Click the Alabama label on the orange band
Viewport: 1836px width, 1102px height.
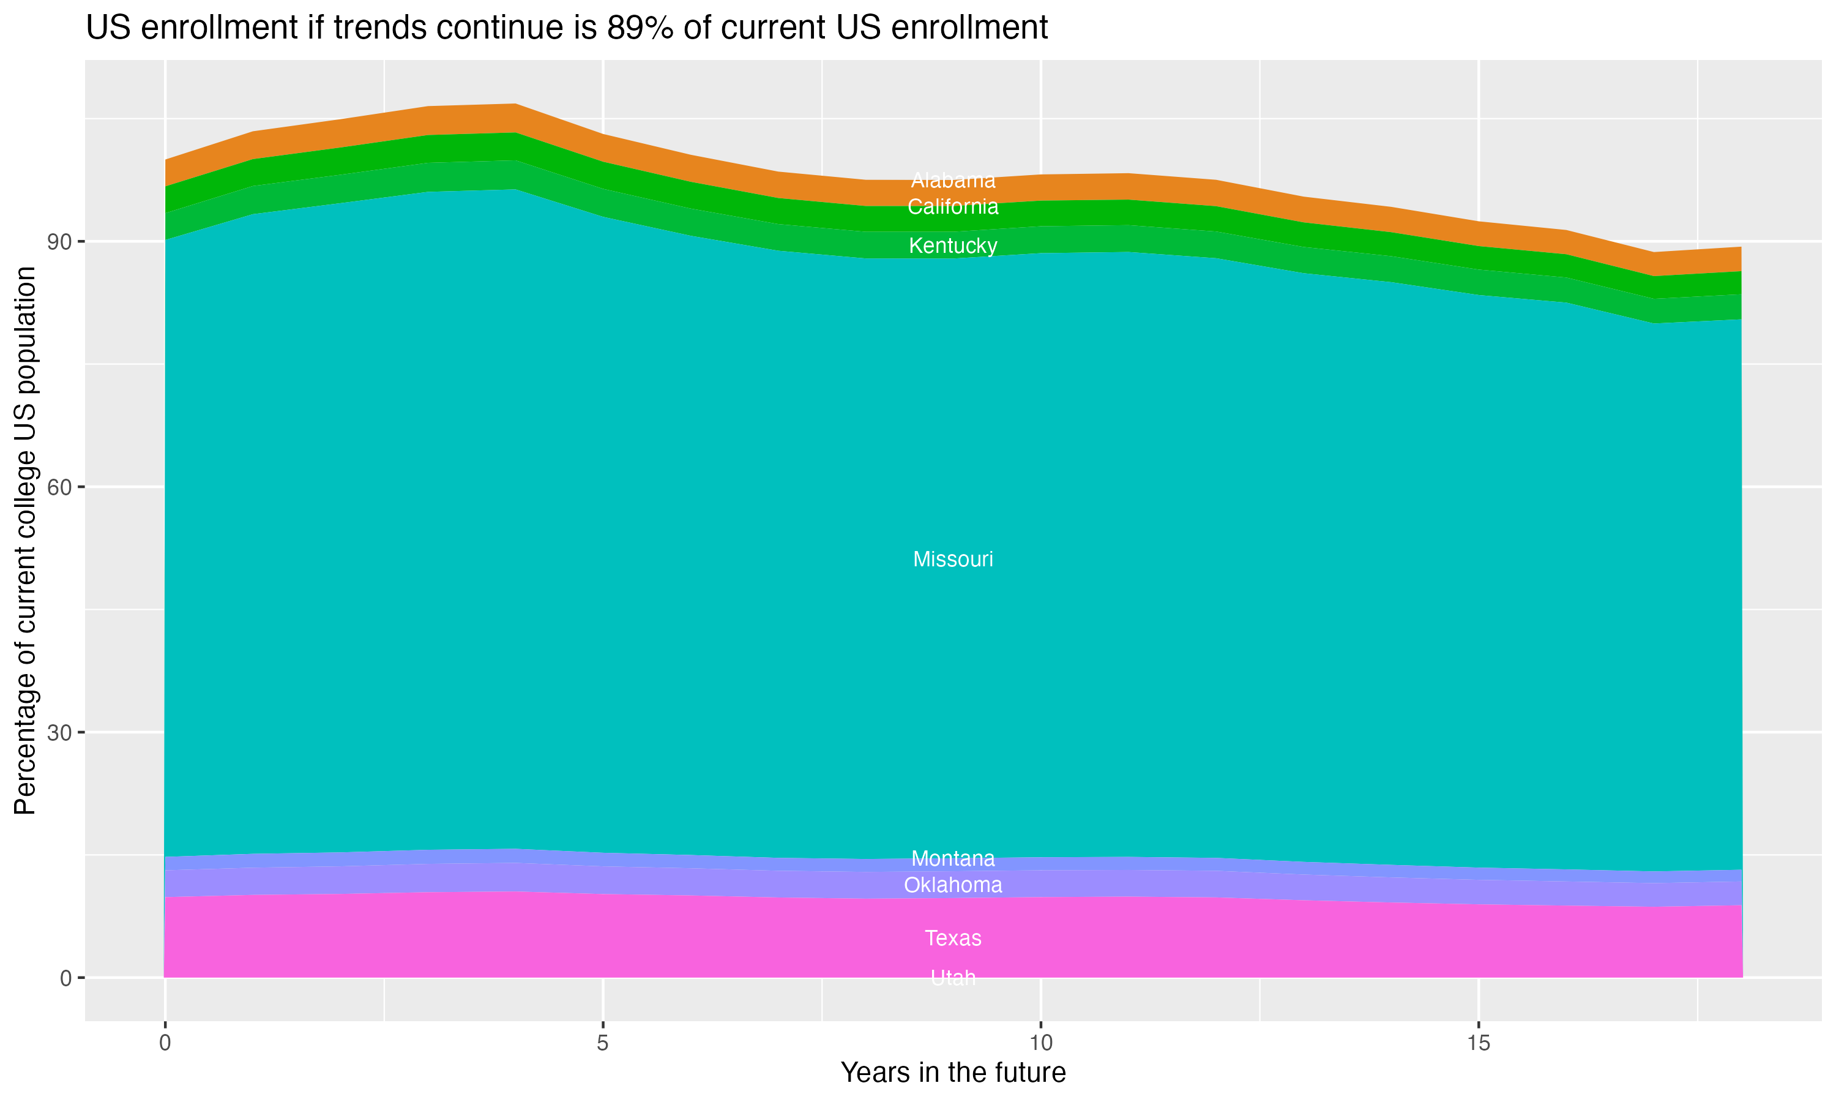(953, 181)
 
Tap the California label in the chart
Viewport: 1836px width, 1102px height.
(953, 207)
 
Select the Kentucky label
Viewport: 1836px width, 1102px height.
(953, 246)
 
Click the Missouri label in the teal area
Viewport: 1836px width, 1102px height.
(953, 559)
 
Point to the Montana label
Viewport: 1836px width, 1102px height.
(953, 858)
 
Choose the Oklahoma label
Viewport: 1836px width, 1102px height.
(953, 885)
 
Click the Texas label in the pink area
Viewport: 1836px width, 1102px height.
(953, 939)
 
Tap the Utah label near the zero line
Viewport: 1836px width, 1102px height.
(953, 978)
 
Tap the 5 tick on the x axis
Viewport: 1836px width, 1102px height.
(603, 1043)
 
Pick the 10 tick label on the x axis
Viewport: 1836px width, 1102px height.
(1040, 1043)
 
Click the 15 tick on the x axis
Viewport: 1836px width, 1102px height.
(1479, 1043)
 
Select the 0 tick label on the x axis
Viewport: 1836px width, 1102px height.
(165, 1043)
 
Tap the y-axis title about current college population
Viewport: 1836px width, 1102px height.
(25, 541)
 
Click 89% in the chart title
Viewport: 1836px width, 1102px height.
(640, 28)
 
